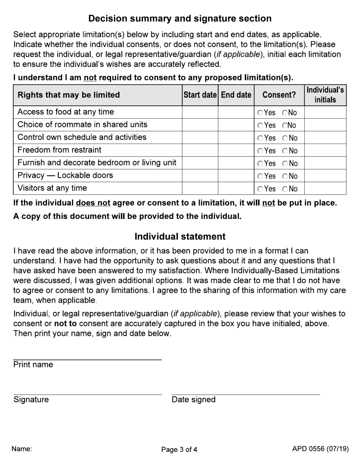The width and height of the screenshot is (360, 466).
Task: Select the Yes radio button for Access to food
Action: click(x=260, y=113)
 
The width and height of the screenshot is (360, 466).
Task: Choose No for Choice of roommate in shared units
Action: click(x=285, y=125)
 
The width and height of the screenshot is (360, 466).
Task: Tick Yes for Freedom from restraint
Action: click(x=260, y=151)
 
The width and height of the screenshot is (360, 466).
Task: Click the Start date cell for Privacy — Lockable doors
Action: click(x=200, y=176)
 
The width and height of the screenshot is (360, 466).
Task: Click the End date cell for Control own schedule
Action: click(x=236, y=138)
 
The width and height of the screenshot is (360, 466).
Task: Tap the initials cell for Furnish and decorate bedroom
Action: click(x=325, y=163)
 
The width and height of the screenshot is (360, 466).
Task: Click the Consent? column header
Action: click(x=279, y=95)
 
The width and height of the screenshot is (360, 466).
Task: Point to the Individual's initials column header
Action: click(x=325, y=95)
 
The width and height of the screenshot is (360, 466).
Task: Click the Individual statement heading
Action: click(x=180, y=237)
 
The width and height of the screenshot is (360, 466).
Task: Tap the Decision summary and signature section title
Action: click(x=180, y=19)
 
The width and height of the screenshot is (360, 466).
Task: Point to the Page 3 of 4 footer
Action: click(x=179, y=450)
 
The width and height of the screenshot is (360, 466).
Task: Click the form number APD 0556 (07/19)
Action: click(x=320, y=449)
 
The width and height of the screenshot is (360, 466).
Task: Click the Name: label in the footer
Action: click(x=22, y=449)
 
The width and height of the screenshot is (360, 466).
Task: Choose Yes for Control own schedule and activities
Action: click(x=260, y=138)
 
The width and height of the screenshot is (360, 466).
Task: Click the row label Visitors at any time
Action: click(x=52, y=188)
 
